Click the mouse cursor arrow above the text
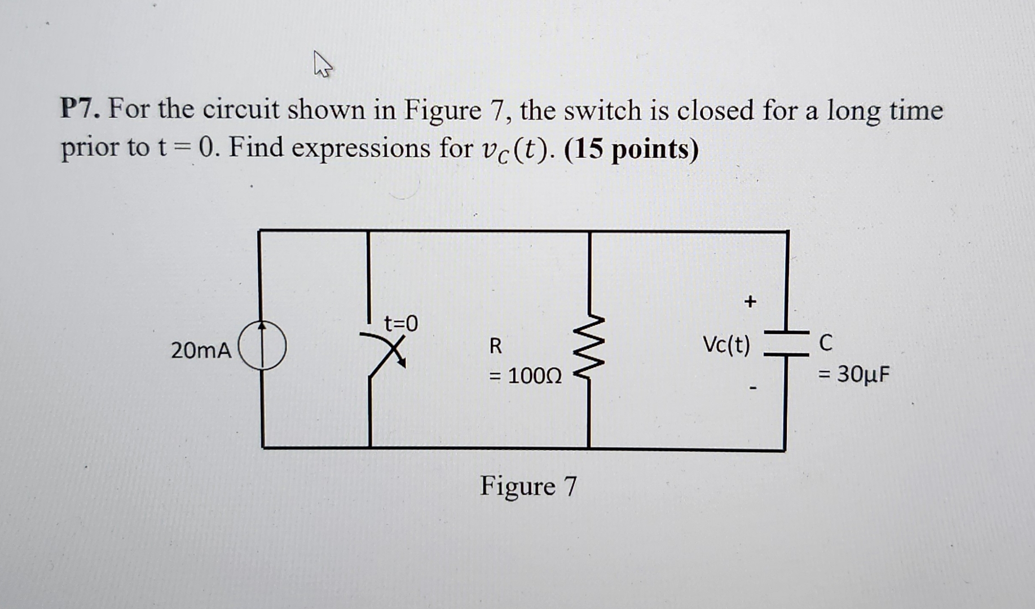tap(322, 64)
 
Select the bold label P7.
tap(80, 109)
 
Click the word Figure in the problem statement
tap(442, 111)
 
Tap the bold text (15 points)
tap(631, 149)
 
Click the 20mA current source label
tap(201, 351)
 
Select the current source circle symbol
tap(262, 345)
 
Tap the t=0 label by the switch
tap(401, 324)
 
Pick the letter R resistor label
tap(495, 346)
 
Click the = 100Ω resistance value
tap(525, 376)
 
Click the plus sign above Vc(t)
tap(750, 302)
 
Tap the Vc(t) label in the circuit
tap(726, 344)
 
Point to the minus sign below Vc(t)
tap(752, 388)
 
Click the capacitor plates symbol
tap(786, 343)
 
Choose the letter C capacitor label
tap(825, 343)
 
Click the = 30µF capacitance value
tap(854, 374)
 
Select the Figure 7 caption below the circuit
tap(528, 486)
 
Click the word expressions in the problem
tap(361, 148)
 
